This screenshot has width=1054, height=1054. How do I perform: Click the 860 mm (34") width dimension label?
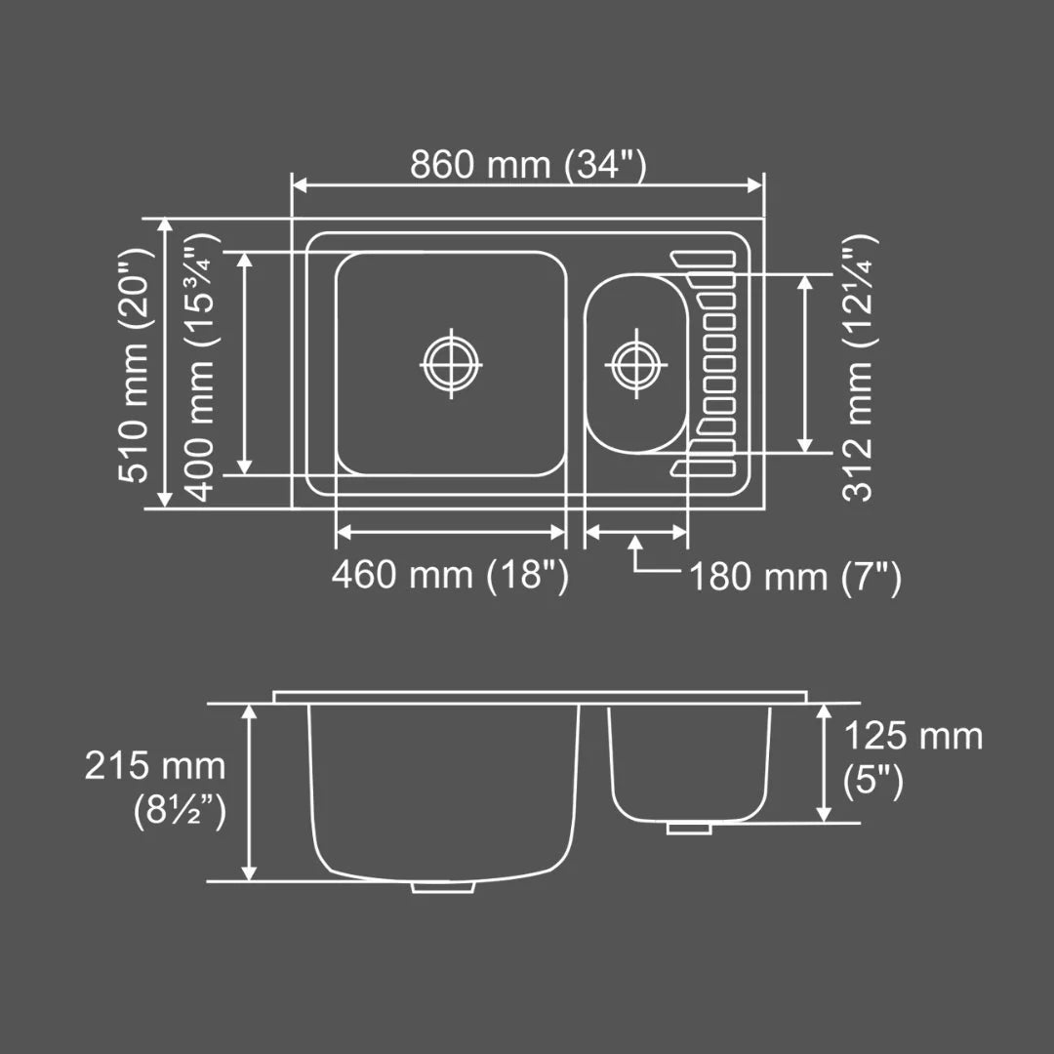[x=527, y=164]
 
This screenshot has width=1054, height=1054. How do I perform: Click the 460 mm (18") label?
[x=449, y=575]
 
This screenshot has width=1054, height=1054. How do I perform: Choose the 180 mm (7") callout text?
[x=795, y=578]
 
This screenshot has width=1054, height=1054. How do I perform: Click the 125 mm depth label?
[x=912, y=735]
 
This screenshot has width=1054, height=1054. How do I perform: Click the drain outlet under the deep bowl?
[x=443, y=887]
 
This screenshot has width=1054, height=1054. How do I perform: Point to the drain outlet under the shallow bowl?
[x=689, y=829]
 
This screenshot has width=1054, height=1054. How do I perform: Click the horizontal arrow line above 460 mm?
[x=450, y=532]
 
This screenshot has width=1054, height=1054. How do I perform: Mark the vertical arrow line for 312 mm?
[x=805, y=363]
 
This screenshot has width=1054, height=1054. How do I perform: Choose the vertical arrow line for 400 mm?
[x=244, y=363]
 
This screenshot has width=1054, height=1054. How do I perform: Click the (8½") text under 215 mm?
[x=180, y=809]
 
